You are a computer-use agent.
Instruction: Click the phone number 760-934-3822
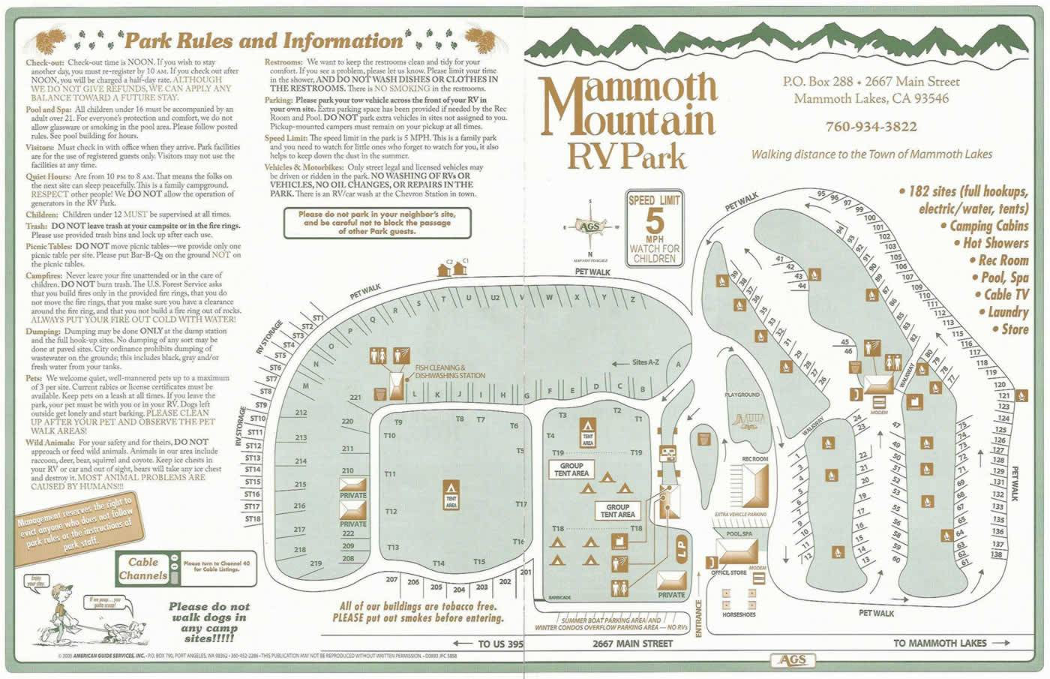click(x=871, y=127)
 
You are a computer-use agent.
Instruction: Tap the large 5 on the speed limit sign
click(x=654, y=221)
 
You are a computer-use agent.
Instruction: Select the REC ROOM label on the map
click(x=754, y=458)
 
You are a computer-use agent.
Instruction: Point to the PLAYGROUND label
click(x=742, y=394)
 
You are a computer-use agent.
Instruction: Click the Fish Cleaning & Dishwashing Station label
click(x=450, y=371)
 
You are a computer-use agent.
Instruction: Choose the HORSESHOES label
click(x=739, y=614)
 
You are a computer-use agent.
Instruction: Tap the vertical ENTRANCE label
click(x=698, y=618)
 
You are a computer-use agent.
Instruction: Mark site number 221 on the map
click(x=355, y=398)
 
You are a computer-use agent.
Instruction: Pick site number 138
click(x=997, y=554)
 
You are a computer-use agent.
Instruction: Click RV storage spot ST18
click(x=253, y=518)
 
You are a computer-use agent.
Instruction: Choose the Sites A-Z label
click(x=645, y=362)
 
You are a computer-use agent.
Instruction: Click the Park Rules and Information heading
click(x=263, y=41)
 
